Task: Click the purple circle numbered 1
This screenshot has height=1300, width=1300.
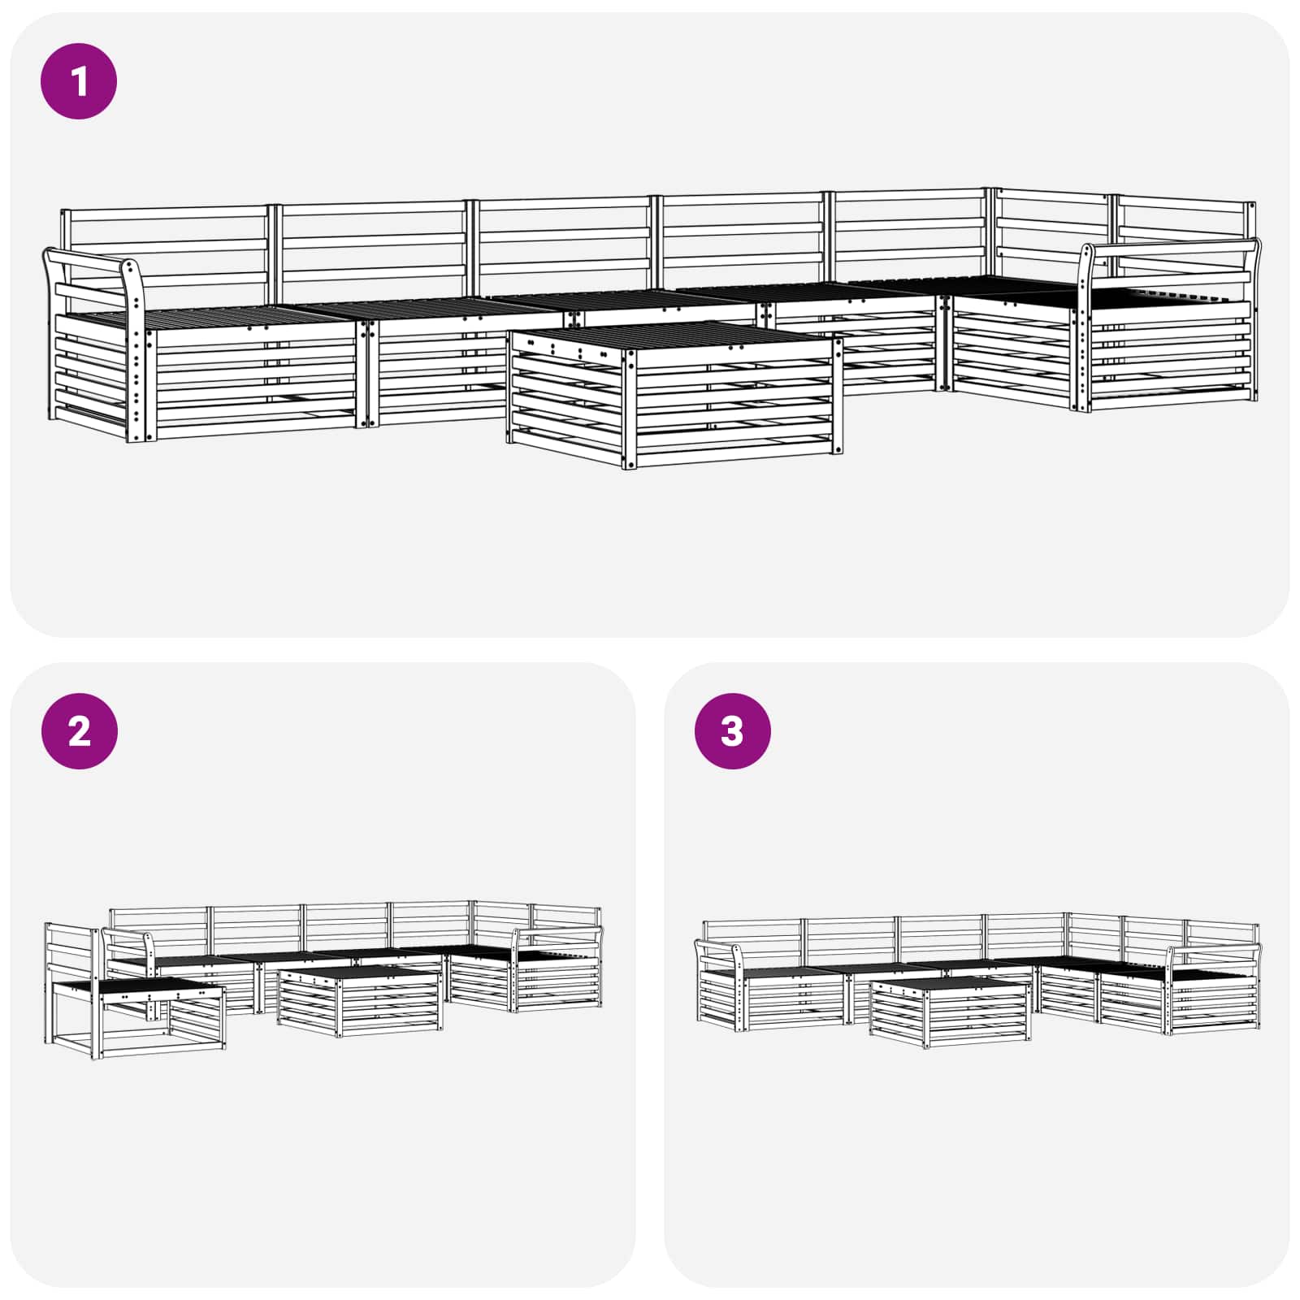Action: (x=79, y=81)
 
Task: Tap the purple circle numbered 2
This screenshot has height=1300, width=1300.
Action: (x=79, y=731)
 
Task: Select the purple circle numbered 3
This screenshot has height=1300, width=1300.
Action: (x=732, y=731)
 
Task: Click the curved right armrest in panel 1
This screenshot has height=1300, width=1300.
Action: (x=1170, y=248)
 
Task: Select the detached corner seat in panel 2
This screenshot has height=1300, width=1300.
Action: (x=134, y=1012)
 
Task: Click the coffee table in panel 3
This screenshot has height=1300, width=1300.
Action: (x=949, y=1012)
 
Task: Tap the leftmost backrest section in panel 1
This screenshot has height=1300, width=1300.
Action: (x=167, y=244)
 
